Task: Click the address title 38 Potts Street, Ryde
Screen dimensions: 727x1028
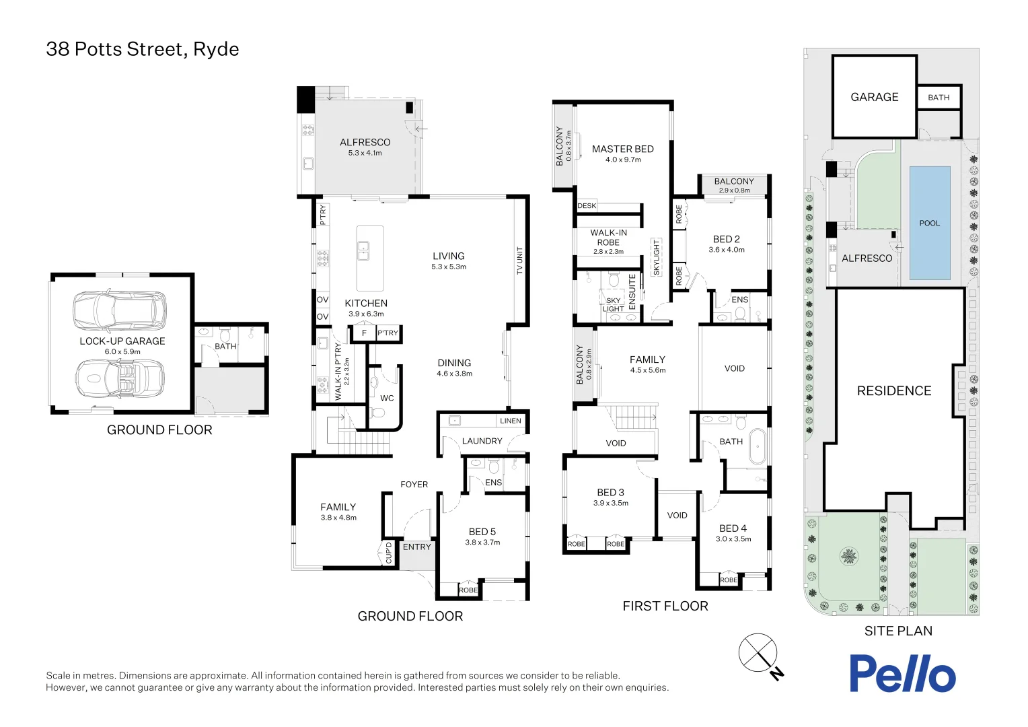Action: coord(143,49)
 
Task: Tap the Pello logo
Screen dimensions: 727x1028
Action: coord(902,673)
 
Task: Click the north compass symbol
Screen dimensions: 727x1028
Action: coord(759,653)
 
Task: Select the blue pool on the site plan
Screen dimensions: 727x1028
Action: coord(930,223)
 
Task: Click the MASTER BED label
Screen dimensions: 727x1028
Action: coord(622,149)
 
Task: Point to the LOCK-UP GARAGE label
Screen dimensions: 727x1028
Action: coord(122,341)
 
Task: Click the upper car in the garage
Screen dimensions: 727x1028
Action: coord(120,310)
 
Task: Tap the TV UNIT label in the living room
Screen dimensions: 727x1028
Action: coord(519,261)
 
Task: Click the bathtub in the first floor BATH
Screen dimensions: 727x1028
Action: coord(758,446)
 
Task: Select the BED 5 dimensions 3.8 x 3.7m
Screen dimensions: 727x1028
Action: coord(482,542)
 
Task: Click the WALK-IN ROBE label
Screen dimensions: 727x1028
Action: coord(608,238)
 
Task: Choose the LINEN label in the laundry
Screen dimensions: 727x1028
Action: coord(511,421)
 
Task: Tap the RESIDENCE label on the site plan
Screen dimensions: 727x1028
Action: coord(894,391)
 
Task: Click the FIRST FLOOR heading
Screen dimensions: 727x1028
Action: coord(665,606)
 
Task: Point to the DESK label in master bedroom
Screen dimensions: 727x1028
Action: coord(587,206)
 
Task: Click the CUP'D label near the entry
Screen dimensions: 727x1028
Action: coord(388,553)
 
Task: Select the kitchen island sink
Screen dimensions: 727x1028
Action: coord(363,251)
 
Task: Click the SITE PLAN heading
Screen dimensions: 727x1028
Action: coord(898,631)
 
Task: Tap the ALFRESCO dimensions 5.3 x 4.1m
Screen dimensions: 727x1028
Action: coord(365,153)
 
